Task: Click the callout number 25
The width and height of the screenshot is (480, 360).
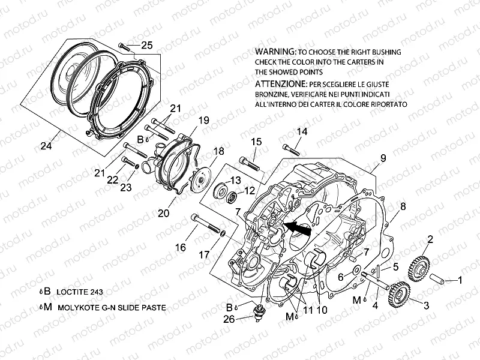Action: click(146, 45)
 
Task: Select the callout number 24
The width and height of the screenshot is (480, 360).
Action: click(46, 146)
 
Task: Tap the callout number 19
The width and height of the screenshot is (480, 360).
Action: click(203, 120)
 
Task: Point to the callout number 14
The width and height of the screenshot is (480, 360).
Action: click(301, 131)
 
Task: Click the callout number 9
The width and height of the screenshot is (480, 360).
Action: click(382, 159)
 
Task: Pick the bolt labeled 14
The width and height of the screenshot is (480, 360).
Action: click(290, 146)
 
